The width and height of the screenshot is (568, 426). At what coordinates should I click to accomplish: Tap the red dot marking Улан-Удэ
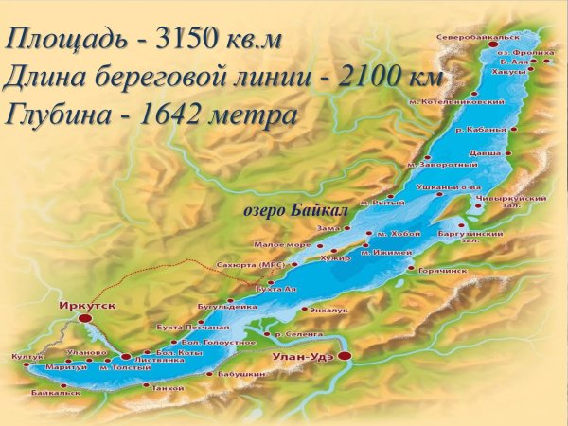[345, 356]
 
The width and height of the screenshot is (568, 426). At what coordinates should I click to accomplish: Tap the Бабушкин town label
[244, 375]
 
